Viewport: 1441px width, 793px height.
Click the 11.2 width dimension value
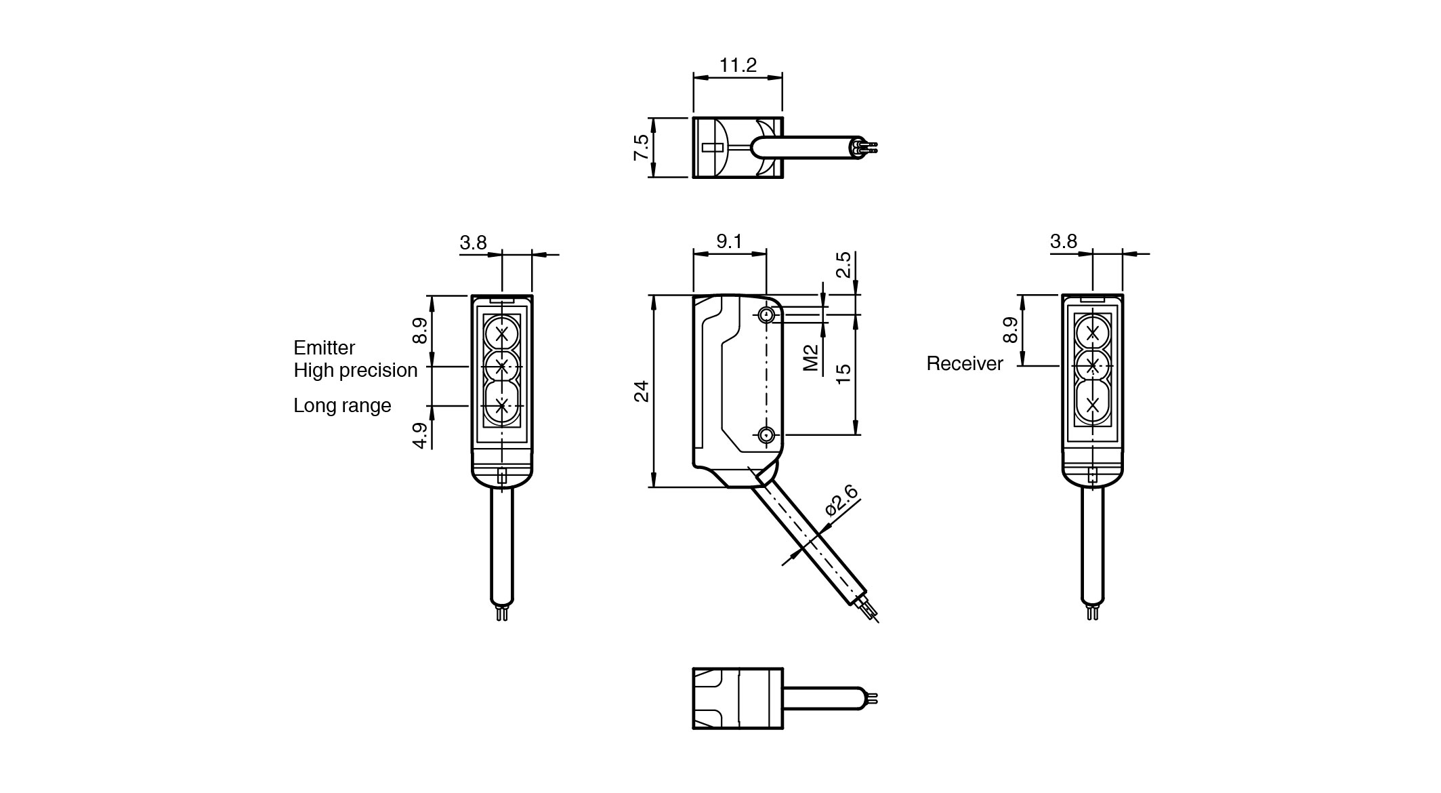click(738, 66)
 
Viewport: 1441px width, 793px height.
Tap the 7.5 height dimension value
click(641, 147)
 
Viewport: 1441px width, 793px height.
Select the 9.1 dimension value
click(729, 242)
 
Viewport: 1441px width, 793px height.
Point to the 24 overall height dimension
click(641, 391)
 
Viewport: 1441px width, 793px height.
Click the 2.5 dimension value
click(843, 265)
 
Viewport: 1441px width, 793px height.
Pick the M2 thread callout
click(811, 358)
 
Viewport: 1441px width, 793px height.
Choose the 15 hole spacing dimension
click(843, 373)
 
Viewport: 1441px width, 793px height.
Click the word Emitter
click(324, 348)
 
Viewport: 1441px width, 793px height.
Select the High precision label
click(356, 370)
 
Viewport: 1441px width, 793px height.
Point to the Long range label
click(342, 405)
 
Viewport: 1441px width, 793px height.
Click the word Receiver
click(965, 364)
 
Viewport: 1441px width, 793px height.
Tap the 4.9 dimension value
click(421, 435)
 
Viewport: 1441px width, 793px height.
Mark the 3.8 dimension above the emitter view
click(473, 243)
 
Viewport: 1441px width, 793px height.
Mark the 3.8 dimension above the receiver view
click(1064, 242)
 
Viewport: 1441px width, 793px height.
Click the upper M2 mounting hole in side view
click(767, 314)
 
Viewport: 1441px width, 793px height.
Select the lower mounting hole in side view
click(767, 435)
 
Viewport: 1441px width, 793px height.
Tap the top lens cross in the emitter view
click(502, 333)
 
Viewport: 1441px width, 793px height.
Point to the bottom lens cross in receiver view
click(1092, 405)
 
